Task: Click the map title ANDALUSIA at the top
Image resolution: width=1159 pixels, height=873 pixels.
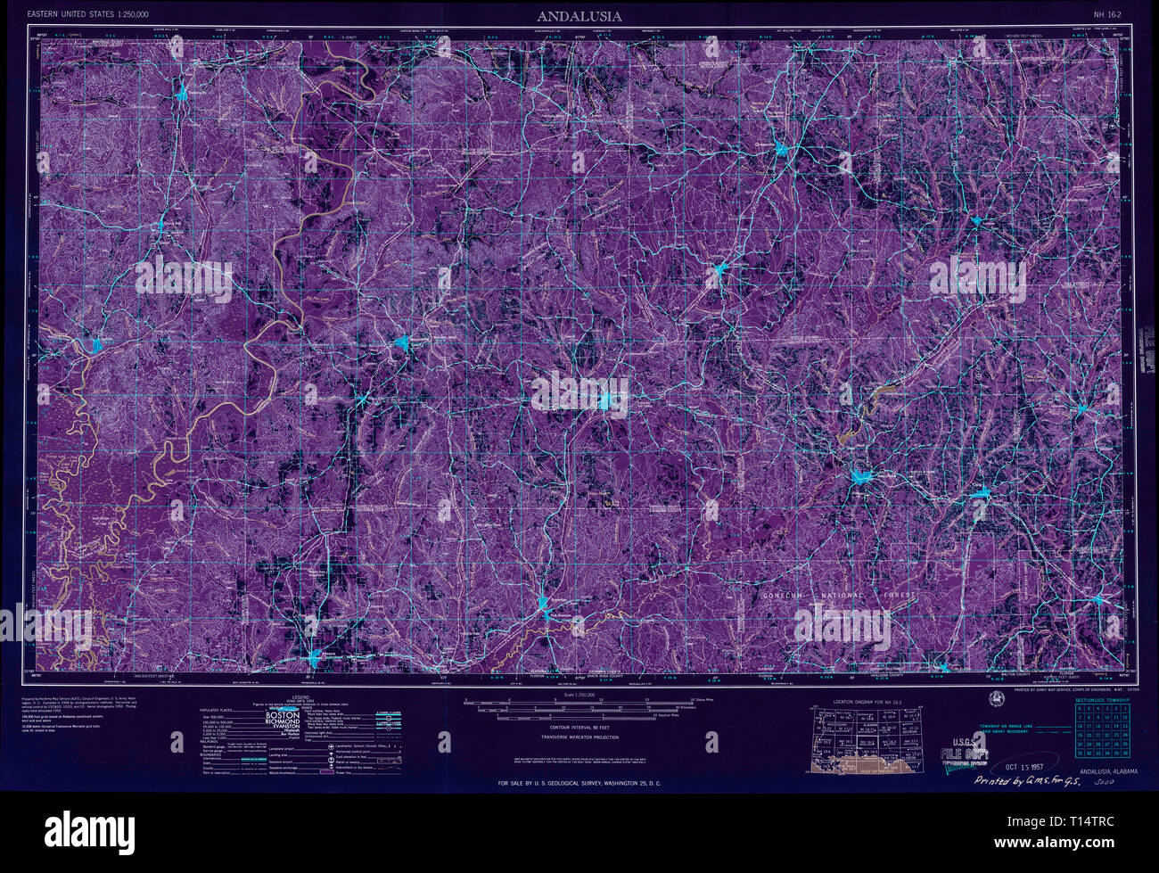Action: (x=579, y=16)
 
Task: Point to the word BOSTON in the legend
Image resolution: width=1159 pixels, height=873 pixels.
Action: (x=283, y=715)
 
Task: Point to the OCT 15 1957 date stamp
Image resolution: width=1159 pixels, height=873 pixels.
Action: (x=1024, y=766)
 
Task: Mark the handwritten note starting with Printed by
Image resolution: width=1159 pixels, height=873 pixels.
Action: (x=1023, y=781)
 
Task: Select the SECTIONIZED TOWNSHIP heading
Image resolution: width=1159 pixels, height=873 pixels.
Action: (x=1102, y=701)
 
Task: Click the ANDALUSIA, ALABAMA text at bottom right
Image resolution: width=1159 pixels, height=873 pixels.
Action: (x=1108, y=771)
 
